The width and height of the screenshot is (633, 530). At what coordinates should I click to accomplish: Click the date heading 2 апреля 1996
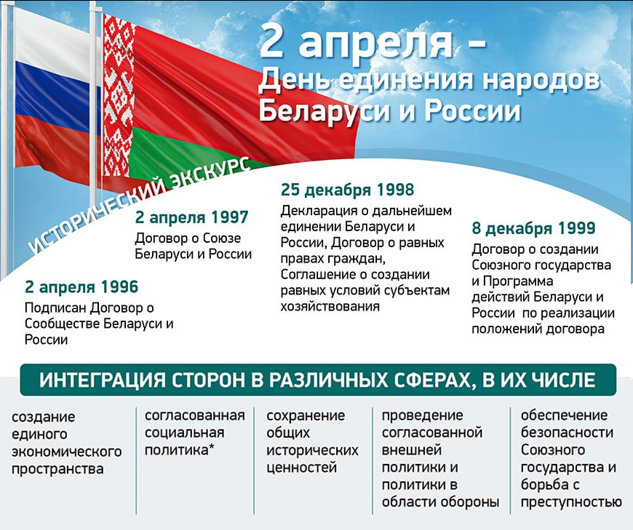pyautogui.click(x=81, y=286)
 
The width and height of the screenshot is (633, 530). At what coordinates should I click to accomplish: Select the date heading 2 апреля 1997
pyautogui.click(x=192, y=217)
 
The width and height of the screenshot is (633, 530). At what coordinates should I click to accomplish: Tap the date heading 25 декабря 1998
pyautogui.click(x=348, y=190)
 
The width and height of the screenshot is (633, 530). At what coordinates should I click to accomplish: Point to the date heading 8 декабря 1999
pyautogui.click(x=534, y=228)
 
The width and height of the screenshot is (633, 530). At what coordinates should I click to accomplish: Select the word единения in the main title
pyautogui.click(x=405, y=79)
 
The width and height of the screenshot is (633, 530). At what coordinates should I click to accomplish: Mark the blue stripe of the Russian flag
pyautogui.click(x=57, y=101)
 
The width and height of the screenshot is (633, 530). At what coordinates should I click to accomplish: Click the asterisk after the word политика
pyautogui.click(x=211, y=447)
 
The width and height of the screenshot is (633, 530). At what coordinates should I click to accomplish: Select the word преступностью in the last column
pyautogui.click(x=571, y=502)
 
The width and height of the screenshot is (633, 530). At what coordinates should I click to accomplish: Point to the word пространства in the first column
pyautogui.click(x=57, y=469)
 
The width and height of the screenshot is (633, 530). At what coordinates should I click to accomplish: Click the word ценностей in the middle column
pyautogui.click(x=301, y=467)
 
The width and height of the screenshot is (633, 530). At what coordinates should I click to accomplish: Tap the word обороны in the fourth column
pyautogui.click(x=469, y=502)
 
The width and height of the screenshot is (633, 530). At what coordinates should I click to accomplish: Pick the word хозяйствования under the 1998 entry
pyautogui.click(x=330, y=306)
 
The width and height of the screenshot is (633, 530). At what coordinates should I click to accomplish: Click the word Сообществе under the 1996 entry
pyautogui.click(x=62, y=324)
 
